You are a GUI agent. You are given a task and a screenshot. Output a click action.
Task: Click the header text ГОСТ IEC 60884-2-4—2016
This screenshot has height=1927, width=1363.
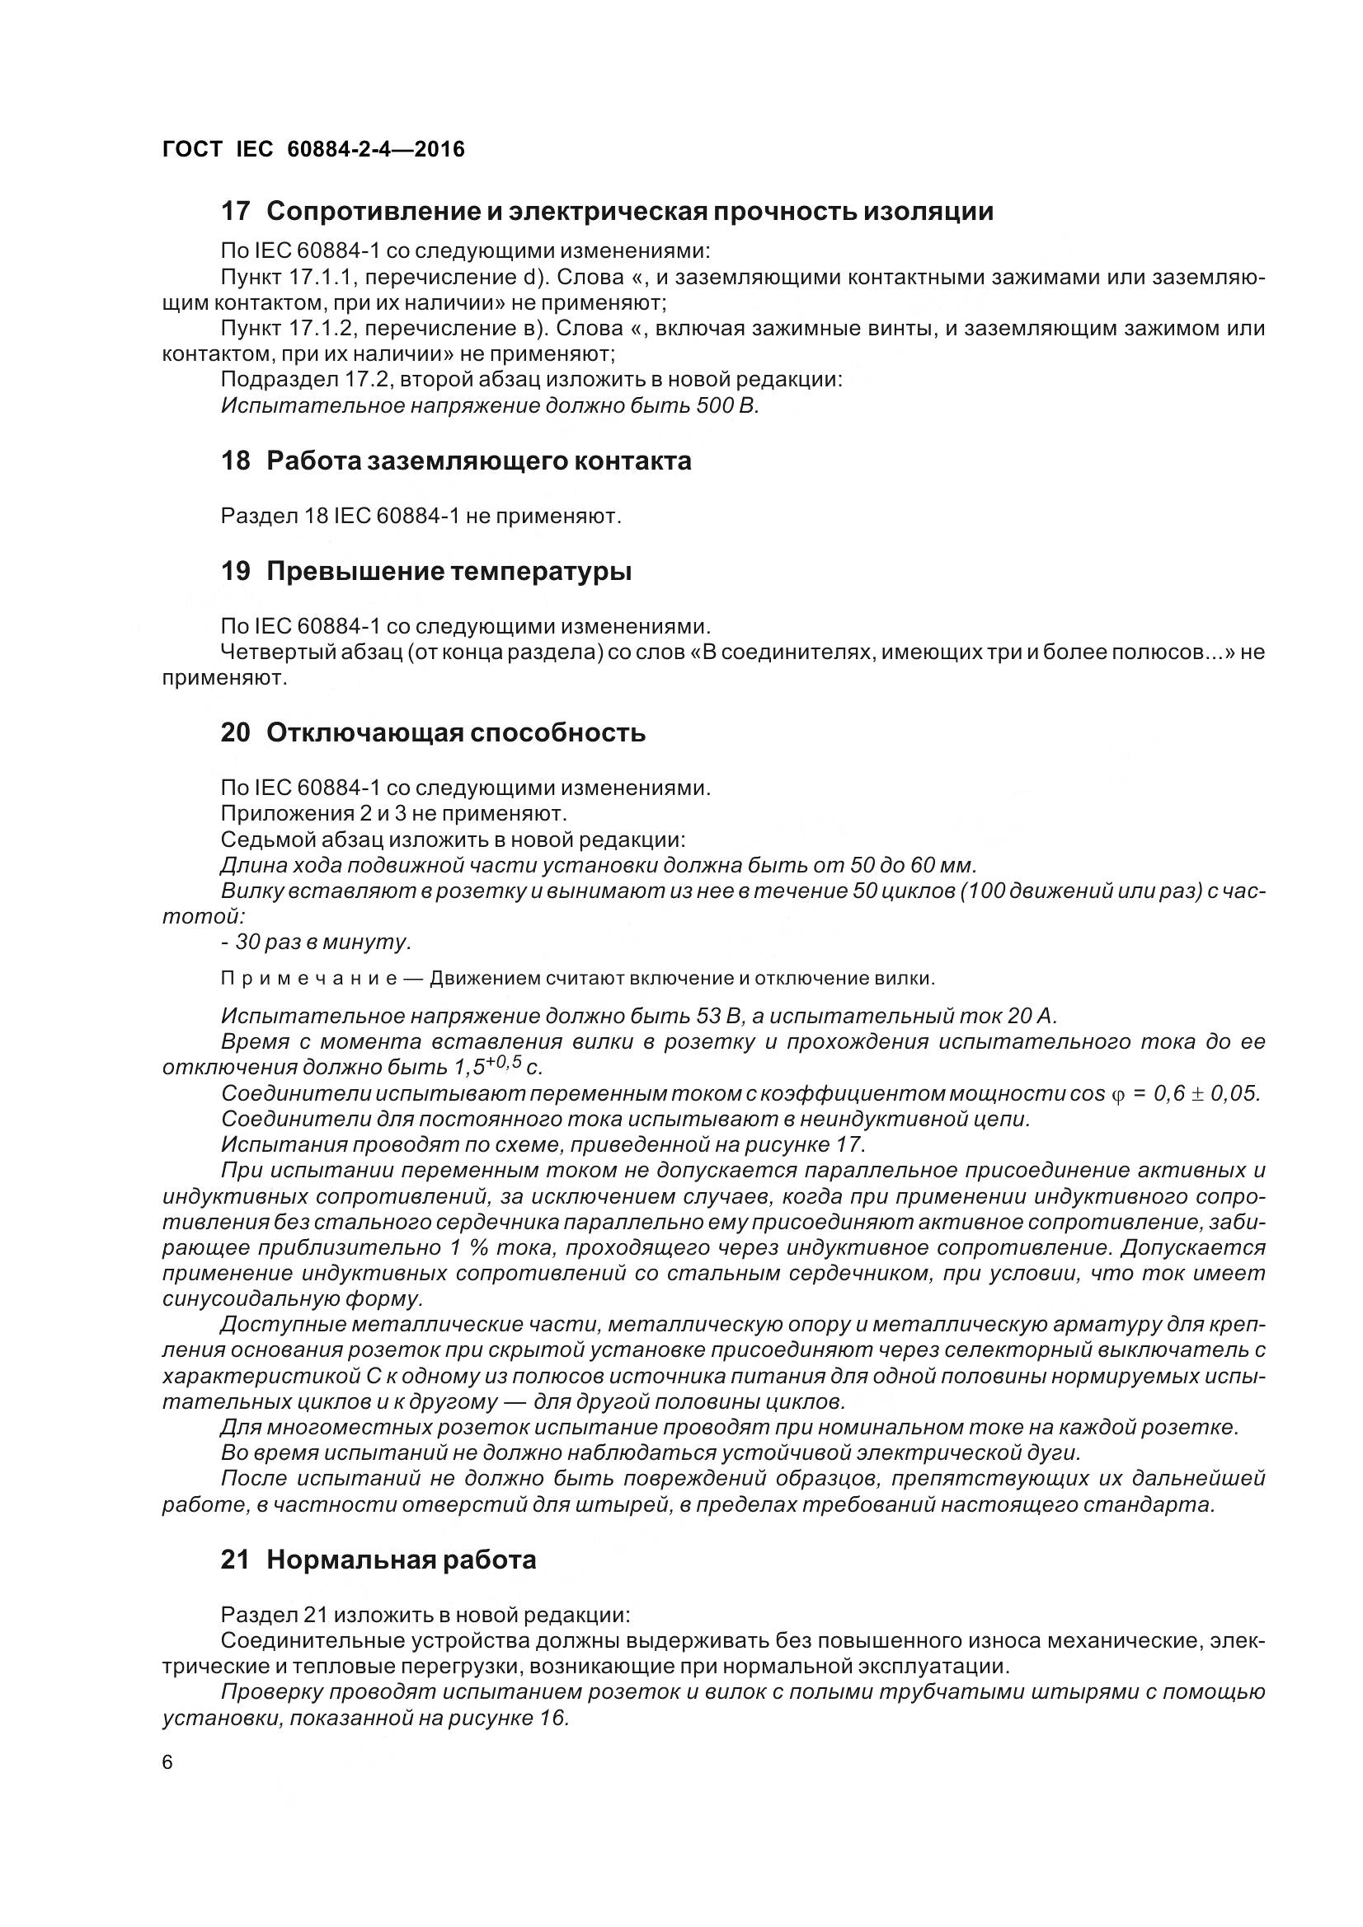(x=313, y=149)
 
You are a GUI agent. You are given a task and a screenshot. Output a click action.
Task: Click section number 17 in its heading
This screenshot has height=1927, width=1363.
(x=235, y=212)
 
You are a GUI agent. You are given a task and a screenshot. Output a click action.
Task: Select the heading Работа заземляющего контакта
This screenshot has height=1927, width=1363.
(x=479, y=461)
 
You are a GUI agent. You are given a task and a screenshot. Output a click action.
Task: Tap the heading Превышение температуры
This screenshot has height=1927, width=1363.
(x=449, y=572)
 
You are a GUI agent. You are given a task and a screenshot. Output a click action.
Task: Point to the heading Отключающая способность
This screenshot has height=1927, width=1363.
(x=456, y=732)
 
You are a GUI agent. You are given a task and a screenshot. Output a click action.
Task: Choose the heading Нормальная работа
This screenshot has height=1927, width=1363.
(x=402, y=1560)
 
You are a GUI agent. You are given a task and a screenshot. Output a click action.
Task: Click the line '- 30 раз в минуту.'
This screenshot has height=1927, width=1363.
(x=317, y=942)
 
